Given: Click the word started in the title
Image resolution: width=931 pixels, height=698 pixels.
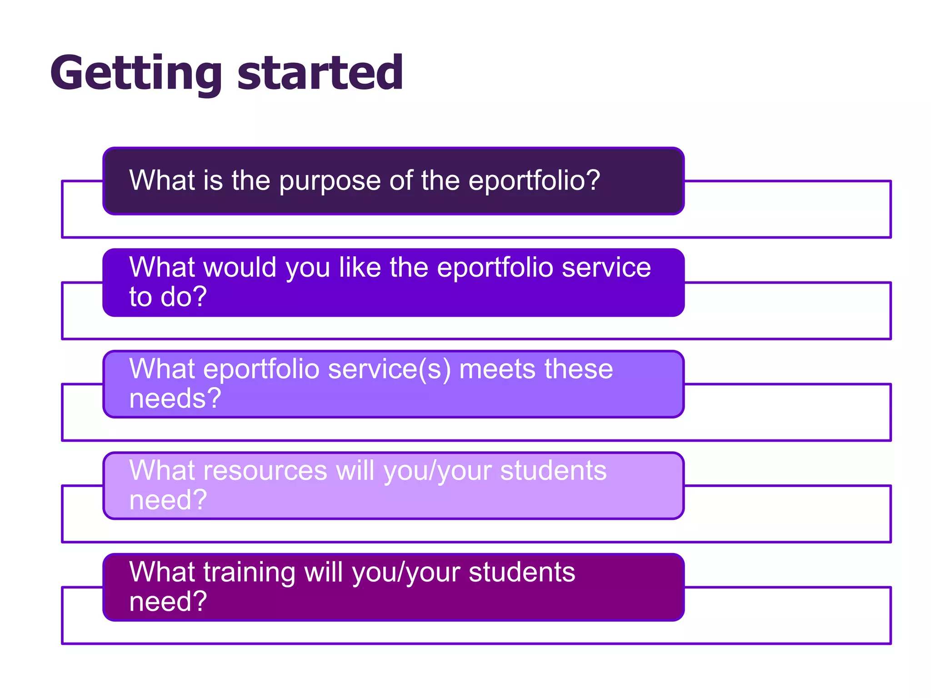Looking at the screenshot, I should [x=320, y=73].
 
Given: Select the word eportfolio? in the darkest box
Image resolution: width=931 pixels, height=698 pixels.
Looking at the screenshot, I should [x=534, y=181].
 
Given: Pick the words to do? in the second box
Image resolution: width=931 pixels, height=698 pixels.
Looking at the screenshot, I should [x=168, y=297].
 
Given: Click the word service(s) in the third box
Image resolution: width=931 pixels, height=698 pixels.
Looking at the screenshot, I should [x=390, y=369].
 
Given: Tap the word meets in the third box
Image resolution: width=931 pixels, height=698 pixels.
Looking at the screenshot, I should [x=497, y=369].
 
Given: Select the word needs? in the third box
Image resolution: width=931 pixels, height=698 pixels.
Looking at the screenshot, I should [x=175, y=399].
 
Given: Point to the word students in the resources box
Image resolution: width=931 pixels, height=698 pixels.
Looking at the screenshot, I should [x=553, y=470].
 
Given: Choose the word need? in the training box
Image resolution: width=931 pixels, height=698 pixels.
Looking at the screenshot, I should [x=168, y=602].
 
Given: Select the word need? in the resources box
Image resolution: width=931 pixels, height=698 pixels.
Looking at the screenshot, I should [x=168, y=500].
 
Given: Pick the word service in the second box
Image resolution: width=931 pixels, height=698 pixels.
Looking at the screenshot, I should [x=606, y=267].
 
